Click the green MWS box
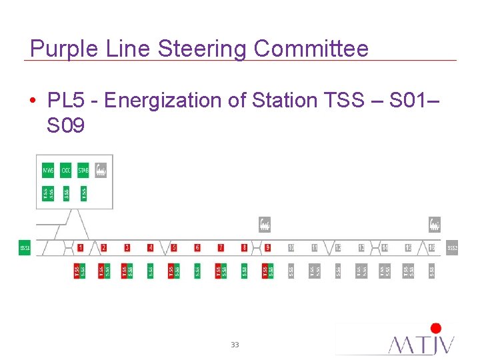(x=48, y=171)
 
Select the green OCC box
(x=65, y=171)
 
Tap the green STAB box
(x=83, y=171)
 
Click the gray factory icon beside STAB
(x=101, y=171)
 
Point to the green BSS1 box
(x=25, y=248)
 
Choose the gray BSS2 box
(x=452, y=248)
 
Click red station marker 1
(x=80, y=247)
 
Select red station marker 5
(x=174, y=247)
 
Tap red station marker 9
(x=267, y=247)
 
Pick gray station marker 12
(x=338, y=247)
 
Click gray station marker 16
(x=431, y=247)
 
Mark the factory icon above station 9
(x=265, y=224)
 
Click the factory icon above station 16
(x=434, y=224)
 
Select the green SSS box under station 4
(x=151, y=271)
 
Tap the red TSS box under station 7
(x=218, y=271)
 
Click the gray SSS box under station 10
(x=291, y=271)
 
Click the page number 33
(x=235, y=345)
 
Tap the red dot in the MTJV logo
(x=436, y=328)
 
